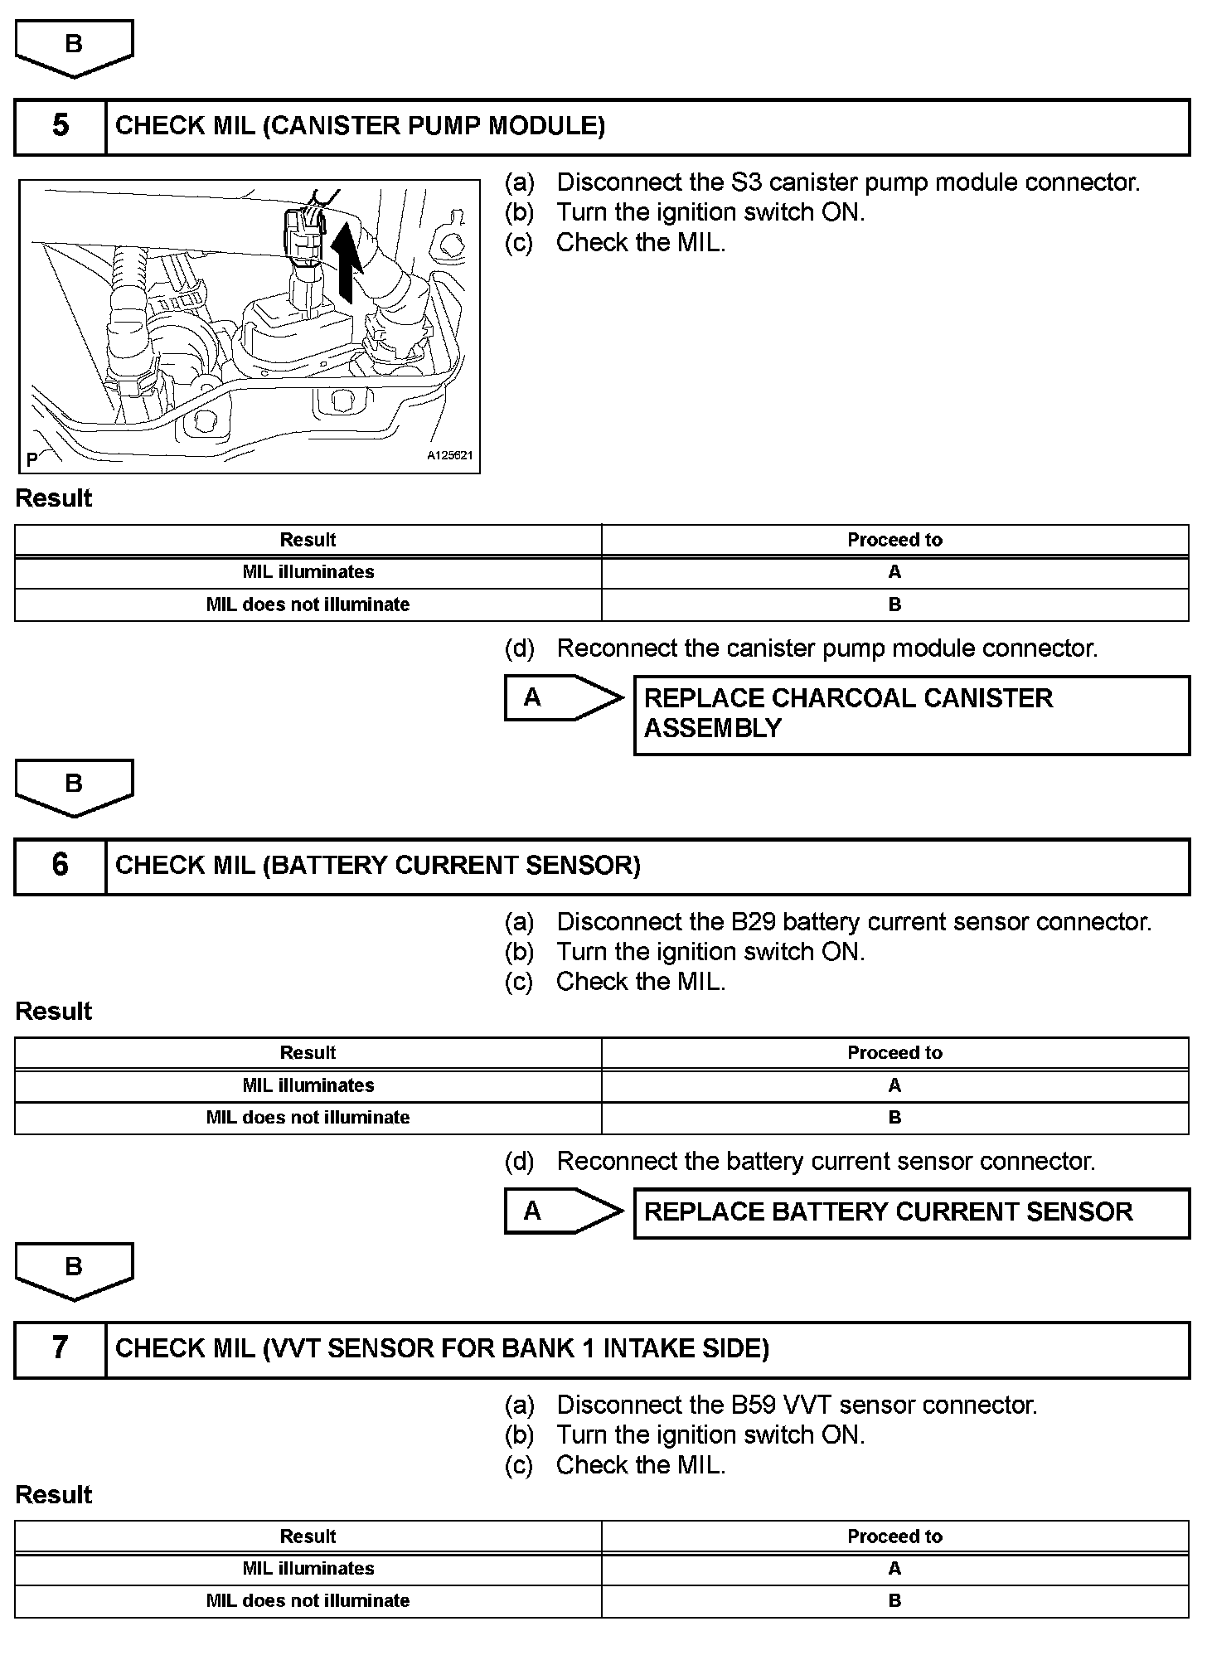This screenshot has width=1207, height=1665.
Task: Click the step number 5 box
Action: click(61, 126)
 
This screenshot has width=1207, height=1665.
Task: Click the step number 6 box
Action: click(61, 866)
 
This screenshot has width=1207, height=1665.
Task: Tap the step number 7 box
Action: click(61, 1348)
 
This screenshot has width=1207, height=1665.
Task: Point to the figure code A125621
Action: click(449, 455)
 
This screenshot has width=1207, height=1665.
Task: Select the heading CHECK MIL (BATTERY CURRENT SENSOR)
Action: click(378, 866)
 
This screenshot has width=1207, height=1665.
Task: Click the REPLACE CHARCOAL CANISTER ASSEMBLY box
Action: click(910, 714)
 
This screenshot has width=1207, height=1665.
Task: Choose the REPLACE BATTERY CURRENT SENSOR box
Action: click(910, 1212)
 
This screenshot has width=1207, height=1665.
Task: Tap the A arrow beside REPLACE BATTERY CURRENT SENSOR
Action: click(562, 1211)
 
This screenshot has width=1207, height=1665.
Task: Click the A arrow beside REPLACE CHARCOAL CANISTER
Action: click(562, 697)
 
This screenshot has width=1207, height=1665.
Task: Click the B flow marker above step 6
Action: click(74, 786)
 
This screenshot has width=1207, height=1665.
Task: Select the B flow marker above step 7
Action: click(74, 1269)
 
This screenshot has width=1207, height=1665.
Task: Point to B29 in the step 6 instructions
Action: click(753, 922)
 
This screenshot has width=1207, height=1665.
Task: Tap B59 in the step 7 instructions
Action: click(753, 1405)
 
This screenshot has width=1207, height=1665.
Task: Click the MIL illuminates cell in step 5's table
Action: click(308, 572)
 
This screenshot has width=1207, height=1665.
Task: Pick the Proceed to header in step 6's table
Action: click(894, 1053)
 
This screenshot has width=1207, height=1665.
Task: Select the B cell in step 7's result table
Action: click(894, 1600)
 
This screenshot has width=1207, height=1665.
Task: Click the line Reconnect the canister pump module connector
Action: click(826, 648)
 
